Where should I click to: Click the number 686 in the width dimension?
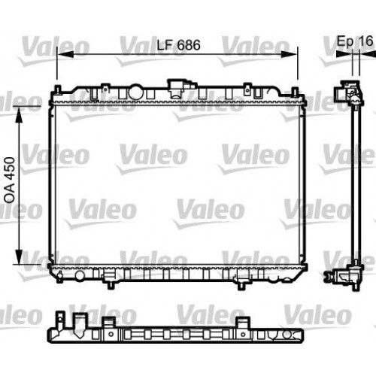(x=188, y=45)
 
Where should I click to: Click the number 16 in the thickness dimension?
(x=365, y=41)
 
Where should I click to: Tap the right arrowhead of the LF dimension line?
(x=296, y=55)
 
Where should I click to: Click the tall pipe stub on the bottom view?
(x=77, y=324)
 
